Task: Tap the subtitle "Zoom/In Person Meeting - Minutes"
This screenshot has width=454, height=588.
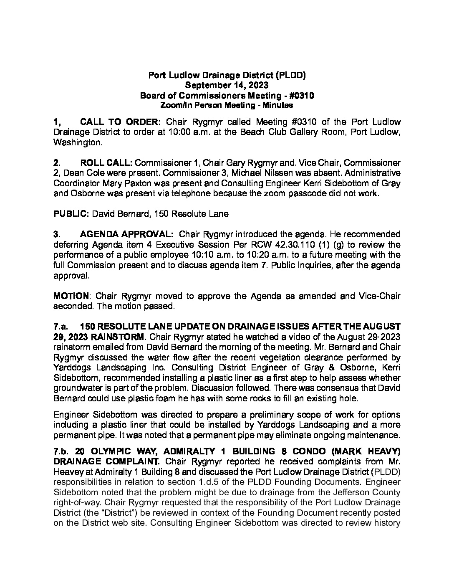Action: pos(227,106)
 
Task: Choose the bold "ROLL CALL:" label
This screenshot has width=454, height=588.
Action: pos(106,162)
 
